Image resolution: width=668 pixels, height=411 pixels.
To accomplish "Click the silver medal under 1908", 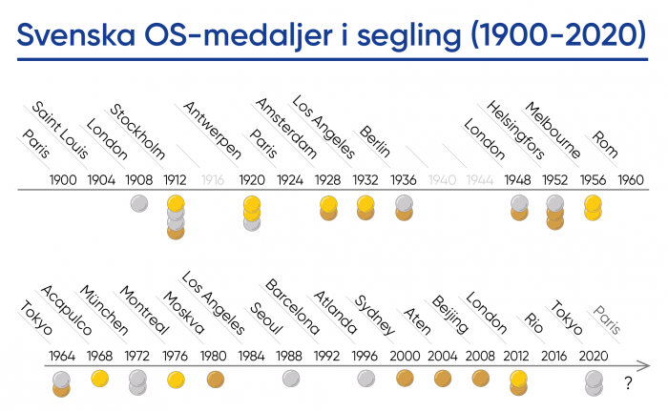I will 138,202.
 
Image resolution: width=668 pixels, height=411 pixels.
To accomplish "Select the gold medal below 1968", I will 99,378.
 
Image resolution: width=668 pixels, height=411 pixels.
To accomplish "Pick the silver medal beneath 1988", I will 291,378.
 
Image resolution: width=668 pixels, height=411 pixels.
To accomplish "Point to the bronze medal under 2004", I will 443,378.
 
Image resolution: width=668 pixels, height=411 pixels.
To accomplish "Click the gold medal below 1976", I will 176,378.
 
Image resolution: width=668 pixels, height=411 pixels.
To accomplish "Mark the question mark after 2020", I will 629,384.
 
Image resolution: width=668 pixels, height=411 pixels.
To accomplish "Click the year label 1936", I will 405,179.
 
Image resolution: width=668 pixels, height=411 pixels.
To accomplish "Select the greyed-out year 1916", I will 214,179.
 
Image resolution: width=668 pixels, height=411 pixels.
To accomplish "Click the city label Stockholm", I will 138,134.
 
